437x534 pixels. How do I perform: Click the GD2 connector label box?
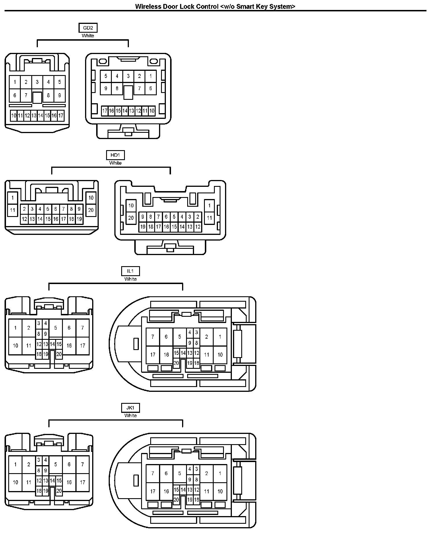(88, 28)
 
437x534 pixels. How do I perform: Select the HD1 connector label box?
(115, 155)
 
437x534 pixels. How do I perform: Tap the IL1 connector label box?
(130, 271)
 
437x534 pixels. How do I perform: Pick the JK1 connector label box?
(130, 408)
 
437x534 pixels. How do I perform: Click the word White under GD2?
(88, 36)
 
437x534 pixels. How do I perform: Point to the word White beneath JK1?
(130, 416)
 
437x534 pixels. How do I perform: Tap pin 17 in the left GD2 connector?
(61, 115)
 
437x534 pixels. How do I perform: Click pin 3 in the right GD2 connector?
(128, 76)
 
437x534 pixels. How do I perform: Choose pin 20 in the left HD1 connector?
(91, 210)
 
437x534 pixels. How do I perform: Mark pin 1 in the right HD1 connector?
(209, 206)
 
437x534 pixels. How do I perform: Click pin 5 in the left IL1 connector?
(55, 328)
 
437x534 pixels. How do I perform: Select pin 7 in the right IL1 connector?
(153, 337)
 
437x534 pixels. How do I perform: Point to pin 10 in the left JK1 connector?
(15, 482)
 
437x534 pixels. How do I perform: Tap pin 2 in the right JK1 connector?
(207, 473)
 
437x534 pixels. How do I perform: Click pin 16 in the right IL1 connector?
(166, 355)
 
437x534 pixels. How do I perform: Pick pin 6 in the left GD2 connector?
(15, 95)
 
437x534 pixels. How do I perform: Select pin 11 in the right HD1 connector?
(209, 218)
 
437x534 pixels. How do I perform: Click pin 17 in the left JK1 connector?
(83, 482)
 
